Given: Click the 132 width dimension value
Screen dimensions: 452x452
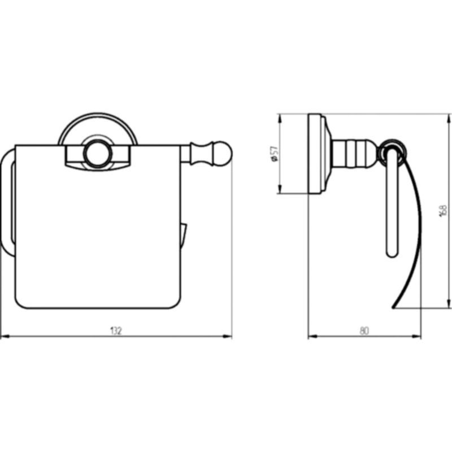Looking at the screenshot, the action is pyautogui.click(x=116, y=331).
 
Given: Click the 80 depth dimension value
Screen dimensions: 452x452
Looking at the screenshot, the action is pyautogui.click(x=364, y=331).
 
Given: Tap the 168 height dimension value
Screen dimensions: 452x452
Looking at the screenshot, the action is pyautogui.click(x=444, y=211).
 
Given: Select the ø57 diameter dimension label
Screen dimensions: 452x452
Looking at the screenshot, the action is pyautogui.click(x=275, y=154).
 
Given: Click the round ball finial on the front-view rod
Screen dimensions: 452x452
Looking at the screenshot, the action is pyautogui.click(x=223, y=154).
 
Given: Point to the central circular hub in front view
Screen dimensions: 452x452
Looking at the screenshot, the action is pyautogui.click(x=98, y=154).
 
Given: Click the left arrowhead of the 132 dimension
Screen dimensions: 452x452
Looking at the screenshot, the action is pyautogui.click(x=5, y=336).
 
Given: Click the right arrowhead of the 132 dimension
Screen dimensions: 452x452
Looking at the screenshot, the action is pyautogui.click(x=228, y=336).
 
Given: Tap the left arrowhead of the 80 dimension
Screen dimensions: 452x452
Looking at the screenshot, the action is pyautogui.click(x=312, y=336).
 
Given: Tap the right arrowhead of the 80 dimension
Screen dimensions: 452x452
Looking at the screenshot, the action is pyautogui.click(x=416, y=336).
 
